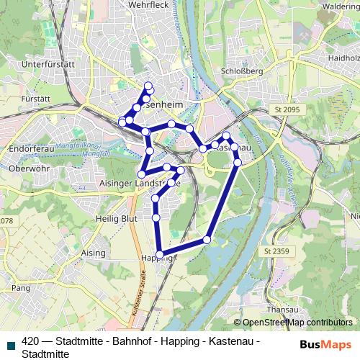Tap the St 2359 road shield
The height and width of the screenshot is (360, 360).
point(276,251)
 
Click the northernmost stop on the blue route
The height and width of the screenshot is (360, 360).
point(148,87)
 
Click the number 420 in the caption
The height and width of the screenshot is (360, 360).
point(31,341)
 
